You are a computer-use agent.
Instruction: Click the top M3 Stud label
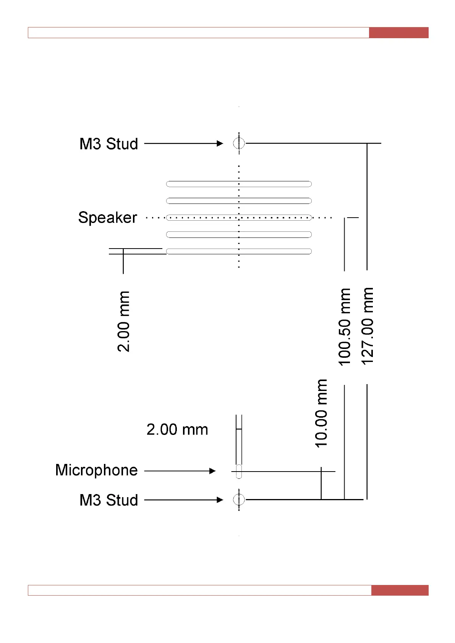108,144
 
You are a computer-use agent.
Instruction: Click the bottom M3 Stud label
108,500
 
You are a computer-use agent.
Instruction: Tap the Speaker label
107,218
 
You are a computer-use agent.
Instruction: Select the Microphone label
96,470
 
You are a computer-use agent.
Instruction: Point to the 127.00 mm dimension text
367,326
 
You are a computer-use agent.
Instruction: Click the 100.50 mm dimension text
345,327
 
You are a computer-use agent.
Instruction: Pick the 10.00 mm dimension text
321,413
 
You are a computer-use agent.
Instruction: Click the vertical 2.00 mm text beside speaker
123,321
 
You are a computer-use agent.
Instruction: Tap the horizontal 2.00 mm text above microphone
177,430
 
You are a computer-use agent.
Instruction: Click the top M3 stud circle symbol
239,143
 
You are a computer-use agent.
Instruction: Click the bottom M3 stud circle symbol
239,499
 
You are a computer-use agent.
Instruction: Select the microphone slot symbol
239,471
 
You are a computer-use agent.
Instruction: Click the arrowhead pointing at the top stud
220,144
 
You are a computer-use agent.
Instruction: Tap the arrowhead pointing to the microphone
212,471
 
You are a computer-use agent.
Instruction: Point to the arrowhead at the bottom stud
220,500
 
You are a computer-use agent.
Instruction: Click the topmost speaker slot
239,184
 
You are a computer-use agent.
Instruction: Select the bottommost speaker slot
239,251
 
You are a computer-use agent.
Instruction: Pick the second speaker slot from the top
239,201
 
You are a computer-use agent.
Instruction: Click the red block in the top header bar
398,32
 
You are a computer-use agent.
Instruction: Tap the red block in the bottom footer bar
400,590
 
